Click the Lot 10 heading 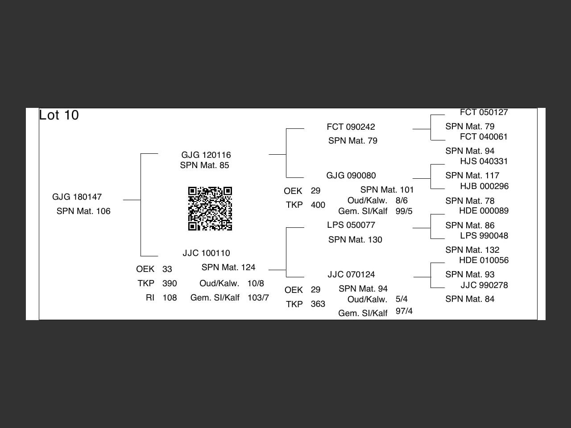(x=59, y=115)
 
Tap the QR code (x=210, y=209)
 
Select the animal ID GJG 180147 (x=77, y=197)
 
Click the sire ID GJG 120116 (x=206, y=155)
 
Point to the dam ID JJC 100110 (x=206, y=253)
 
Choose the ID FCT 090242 (x=351, y=127)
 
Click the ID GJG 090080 (x=351, y=176)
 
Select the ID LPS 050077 (x=351, y=225)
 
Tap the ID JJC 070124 (x=351, y=275)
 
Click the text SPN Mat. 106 (x=83, y=211)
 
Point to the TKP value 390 (x=170, y=284)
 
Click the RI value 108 (x=170, y=298)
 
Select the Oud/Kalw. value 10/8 (x=256, y=284)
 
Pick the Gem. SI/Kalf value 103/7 (x=258, y=298)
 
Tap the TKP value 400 (x=318, y=205)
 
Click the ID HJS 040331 (x=484, y=161)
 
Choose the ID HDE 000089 (x=484, y=211)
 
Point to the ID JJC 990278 (x=484, y=285)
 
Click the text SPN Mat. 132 (x=472, y=250)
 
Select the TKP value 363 (x=318, y=304)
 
